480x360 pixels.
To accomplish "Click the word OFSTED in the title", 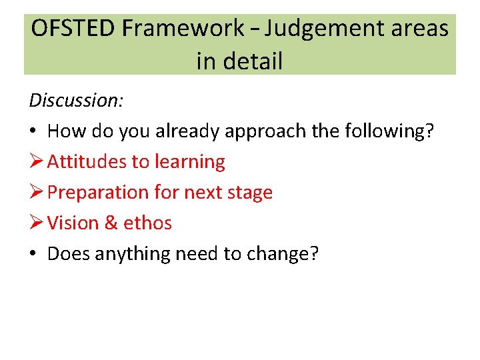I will tap(74, 29).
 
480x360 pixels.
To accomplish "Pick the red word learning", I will tap(190, 161).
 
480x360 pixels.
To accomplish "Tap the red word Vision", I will tap(73, 223).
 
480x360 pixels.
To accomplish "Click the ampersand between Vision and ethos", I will tap(111, 223).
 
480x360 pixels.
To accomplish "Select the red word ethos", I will tap(147, 223).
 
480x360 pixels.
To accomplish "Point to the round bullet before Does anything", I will tap(33, 254).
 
